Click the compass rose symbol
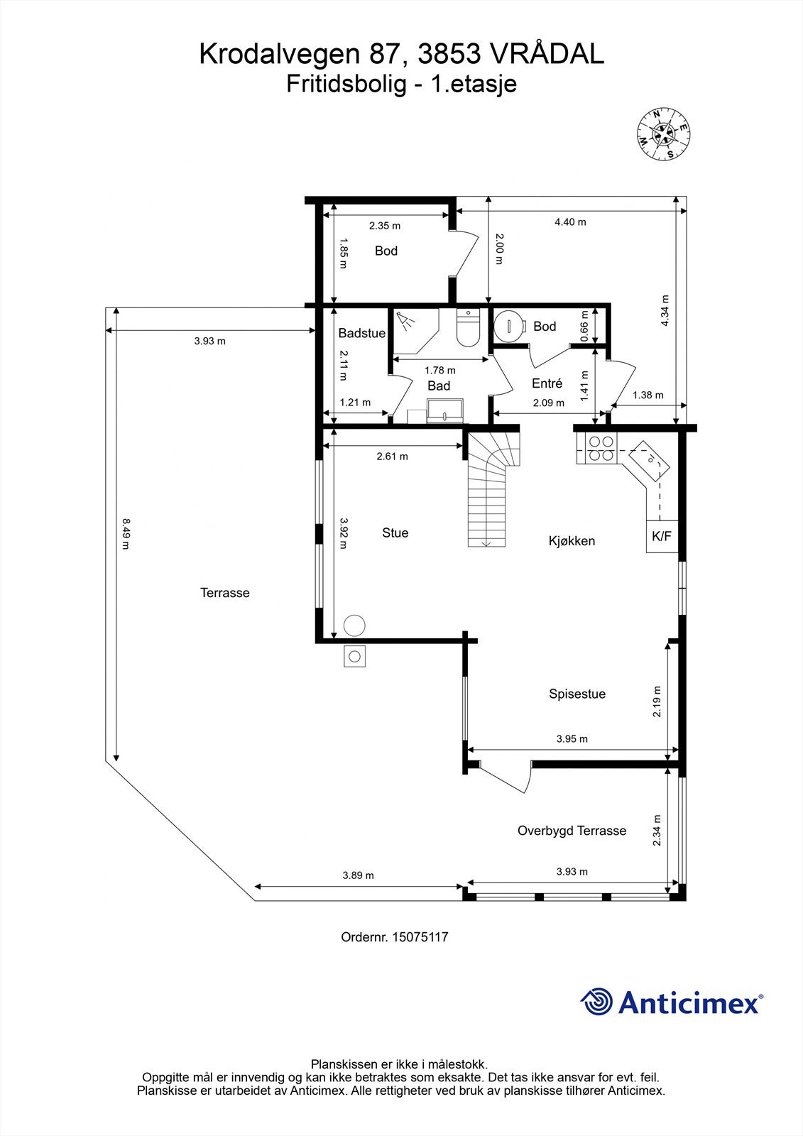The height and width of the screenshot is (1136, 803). (x=665, y=133)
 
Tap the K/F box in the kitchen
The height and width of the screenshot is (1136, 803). (x=661, y=537)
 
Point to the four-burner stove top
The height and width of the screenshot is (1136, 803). (x=600, y=449)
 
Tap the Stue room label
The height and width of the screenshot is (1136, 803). (x=395, y=533)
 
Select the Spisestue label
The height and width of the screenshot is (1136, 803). (x=577, y=694)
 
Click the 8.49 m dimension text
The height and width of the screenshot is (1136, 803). (x=126, y=533)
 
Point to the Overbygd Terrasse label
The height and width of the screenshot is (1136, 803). (x=572, y=831)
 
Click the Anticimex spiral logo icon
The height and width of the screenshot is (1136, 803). (x=596, y=1002)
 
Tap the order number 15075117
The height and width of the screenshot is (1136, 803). (x=422, y=937)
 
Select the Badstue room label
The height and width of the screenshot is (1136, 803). (x=361, y=333)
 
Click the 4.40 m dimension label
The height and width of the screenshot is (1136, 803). (x=570, y=222)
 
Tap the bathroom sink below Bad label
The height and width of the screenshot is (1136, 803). (x=444, y=411)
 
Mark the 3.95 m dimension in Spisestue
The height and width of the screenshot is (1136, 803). (x=572, y=739)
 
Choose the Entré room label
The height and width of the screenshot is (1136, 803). (x=547, y=383)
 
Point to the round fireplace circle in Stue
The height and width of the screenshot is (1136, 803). (x=354, y=625)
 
